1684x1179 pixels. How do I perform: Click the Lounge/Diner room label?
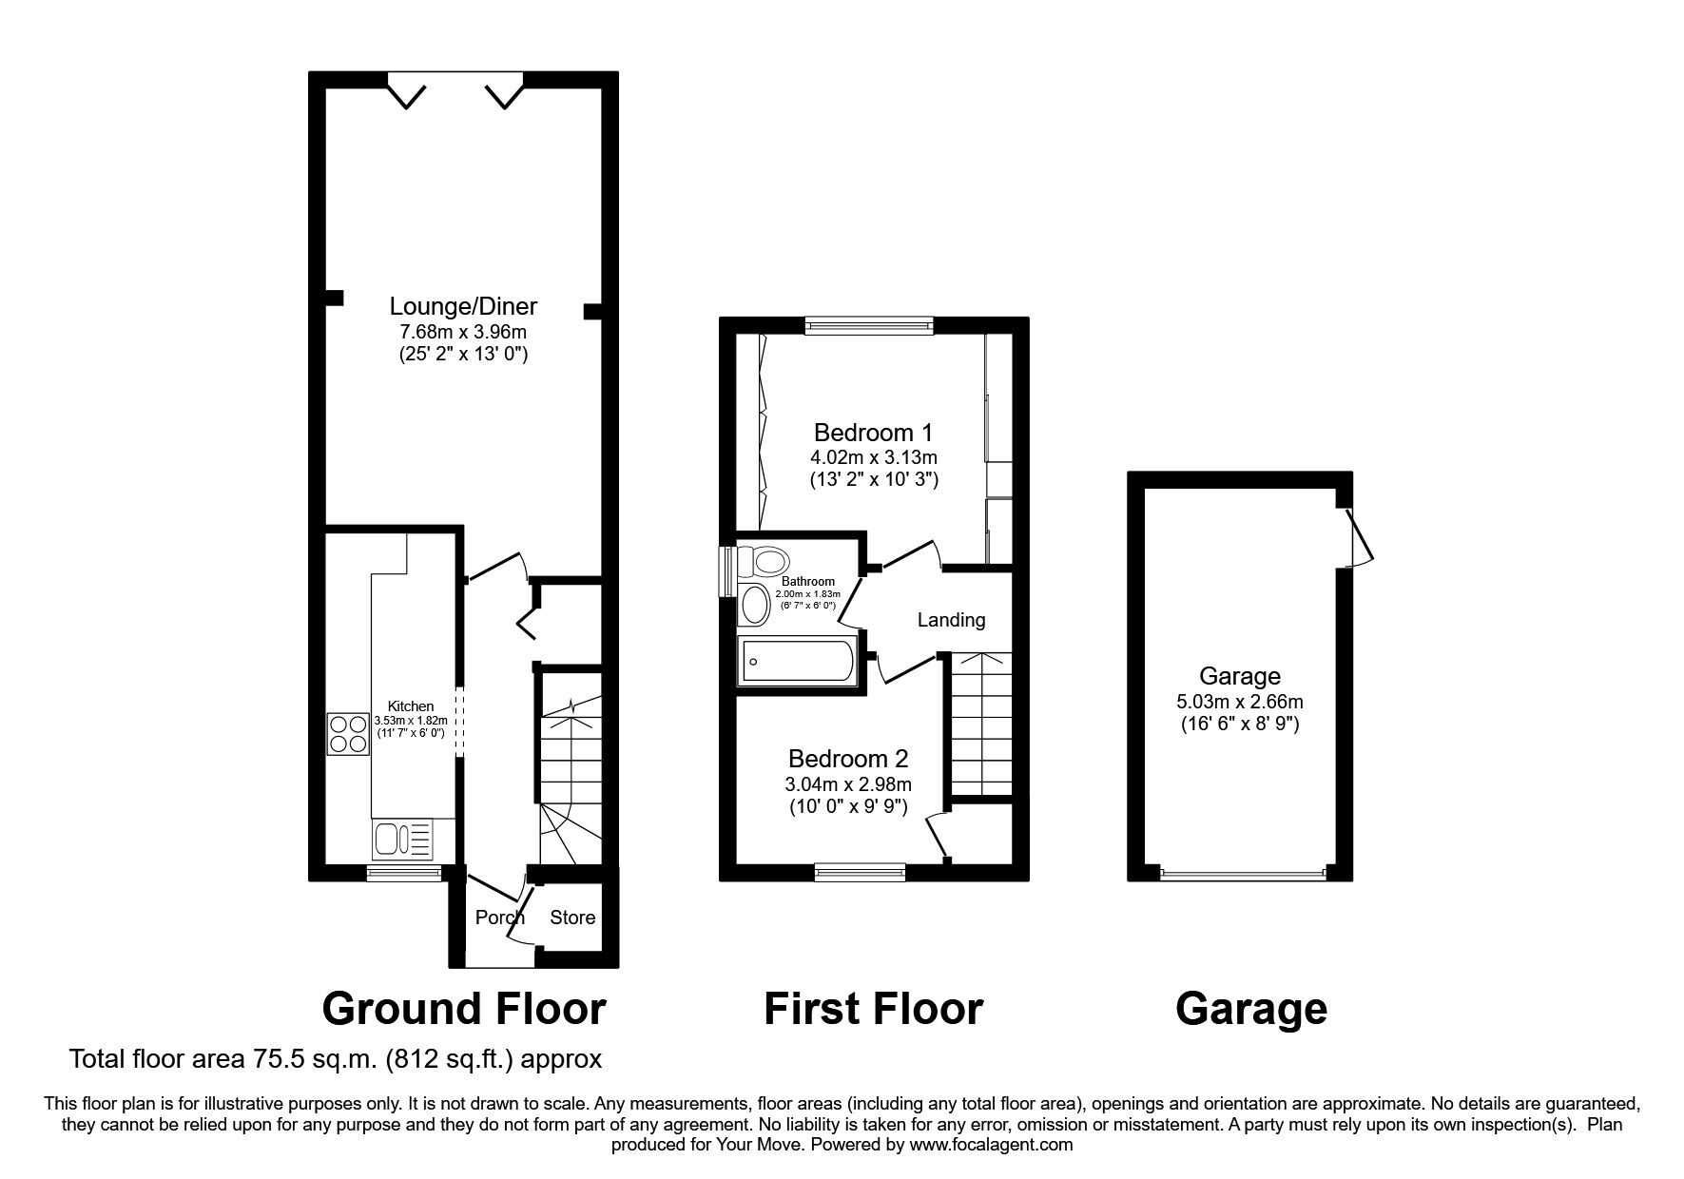(463, 306)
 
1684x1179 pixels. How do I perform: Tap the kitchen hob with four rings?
(348, 733)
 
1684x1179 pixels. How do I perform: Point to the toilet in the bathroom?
(765, 560)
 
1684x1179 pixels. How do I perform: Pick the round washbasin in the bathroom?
(755, 605)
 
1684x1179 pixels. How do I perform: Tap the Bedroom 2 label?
(848, 759)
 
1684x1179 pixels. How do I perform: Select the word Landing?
(951, 620)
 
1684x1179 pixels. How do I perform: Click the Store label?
(572, 917)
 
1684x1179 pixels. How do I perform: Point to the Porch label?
(499, 917)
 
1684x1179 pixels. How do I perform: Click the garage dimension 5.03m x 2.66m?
(1239, 703)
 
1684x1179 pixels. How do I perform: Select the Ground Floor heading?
(464, 1009)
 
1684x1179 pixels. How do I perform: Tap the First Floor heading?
(873, 1009)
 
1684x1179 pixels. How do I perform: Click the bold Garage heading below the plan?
(1250, 1009)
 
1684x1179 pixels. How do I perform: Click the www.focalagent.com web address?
(990, 1145)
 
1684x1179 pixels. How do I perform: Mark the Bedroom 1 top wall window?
(868, 326)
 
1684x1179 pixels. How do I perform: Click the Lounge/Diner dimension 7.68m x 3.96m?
(463, 332)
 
